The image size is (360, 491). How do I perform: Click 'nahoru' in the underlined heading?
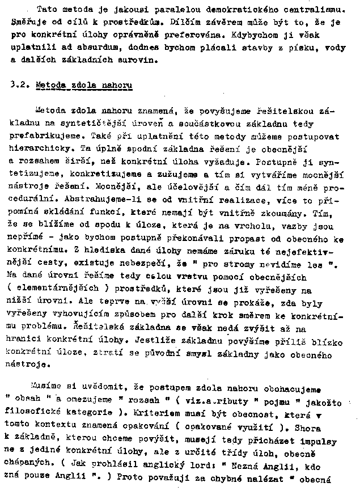point(117,86)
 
